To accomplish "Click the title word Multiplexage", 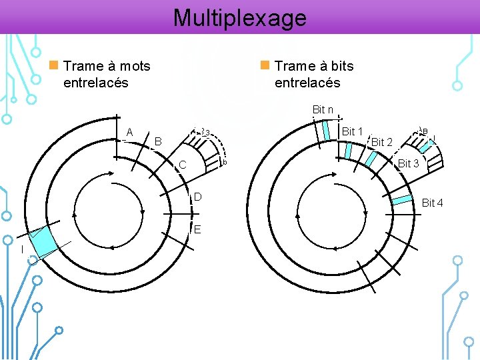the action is tap(240, 17).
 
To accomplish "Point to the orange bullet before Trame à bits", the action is tap(265, 65).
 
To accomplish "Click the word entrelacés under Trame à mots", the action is tap(95, 83).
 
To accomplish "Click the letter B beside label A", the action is tap(158, 141).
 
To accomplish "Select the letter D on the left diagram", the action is tap(197, 197).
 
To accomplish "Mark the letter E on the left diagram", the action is tap(197, 229).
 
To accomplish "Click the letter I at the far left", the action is tap(21, 250).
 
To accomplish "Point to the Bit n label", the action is tap(323, 109).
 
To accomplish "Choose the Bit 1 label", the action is tap(351, 132).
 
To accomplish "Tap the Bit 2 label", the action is tap(381, 142).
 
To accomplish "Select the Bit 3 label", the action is tap(408, 164).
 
